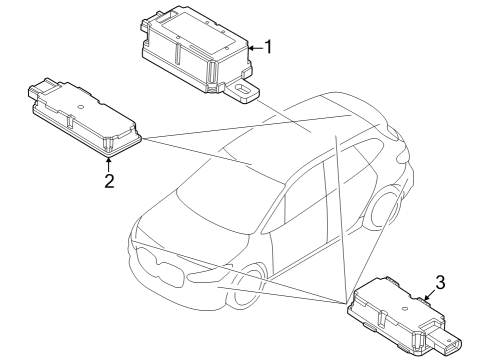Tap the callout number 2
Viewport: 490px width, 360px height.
pos(108,180)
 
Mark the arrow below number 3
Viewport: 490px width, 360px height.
pos(427,296)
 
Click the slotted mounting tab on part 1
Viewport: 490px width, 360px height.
pos(241,91)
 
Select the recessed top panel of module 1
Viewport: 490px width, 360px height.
pos(197,28)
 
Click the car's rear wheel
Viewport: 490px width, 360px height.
pos(384,205)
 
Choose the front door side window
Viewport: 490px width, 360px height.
pos(299,205)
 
